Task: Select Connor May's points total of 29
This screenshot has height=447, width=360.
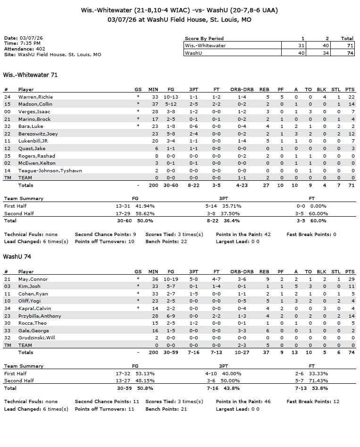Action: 350,279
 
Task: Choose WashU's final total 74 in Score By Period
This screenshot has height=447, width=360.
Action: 347,53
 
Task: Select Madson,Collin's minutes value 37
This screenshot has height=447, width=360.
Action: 153,104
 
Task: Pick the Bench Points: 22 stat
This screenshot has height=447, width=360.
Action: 167,242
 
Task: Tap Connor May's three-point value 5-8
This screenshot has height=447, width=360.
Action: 193,279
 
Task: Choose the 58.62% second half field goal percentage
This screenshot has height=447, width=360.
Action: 145,213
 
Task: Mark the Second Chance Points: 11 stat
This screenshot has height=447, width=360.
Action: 107,402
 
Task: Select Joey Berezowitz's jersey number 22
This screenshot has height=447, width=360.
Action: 7,134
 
